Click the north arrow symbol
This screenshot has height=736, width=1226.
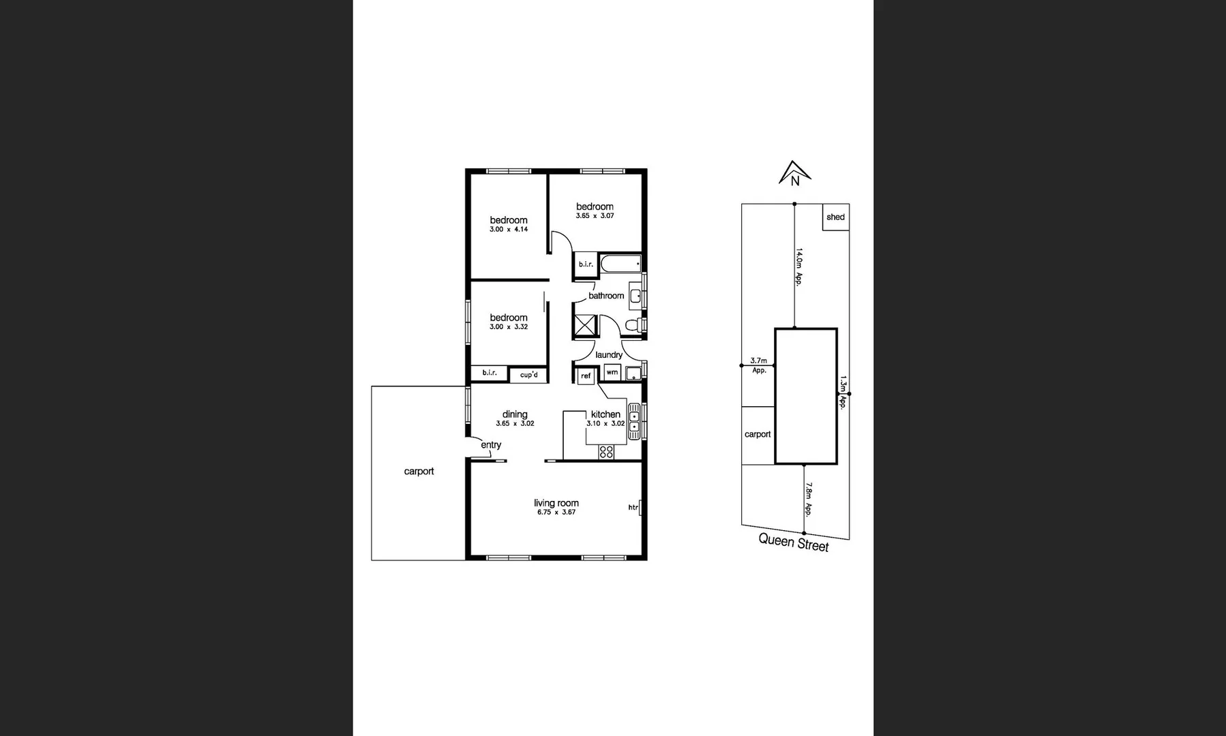click(793, 173)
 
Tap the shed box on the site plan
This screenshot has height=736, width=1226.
click(835, 217)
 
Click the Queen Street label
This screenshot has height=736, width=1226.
click(794, 542)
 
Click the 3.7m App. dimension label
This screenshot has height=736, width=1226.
click(759, 365)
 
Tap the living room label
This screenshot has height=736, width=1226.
click(556, 503)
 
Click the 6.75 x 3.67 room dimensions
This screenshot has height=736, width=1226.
click(556, 512)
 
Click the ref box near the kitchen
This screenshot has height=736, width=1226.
click(586, 376)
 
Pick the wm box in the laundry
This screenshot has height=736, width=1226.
click(612, 373)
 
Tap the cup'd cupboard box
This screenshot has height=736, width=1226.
click(528, 375)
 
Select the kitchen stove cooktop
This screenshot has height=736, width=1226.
click(606, 451)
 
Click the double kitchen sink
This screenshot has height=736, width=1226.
click(634, 420)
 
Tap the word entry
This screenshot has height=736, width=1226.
click(491, 445)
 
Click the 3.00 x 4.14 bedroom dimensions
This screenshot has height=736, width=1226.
click(509, 230)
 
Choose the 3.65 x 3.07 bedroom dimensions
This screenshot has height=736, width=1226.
click(595, 216)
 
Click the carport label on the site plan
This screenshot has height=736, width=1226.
click(758, 434)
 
